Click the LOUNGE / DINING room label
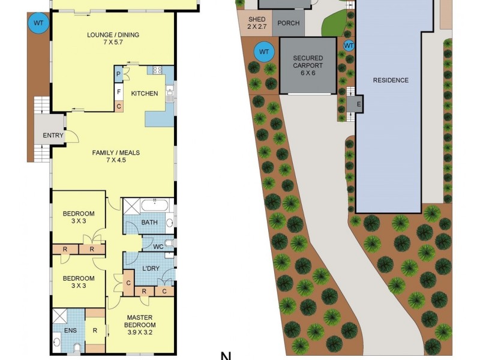(x=113, y=35)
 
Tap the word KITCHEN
(x=145, y=93)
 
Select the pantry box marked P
(x=119, y=74)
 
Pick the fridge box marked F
(x=119, y=92)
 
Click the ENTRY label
(x=53, y=136)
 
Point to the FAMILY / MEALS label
(x=115, y=153)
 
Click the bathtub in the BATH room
(x=155, y=205)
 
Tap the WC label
(x=158, y=246)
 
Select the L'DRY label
(x=151, y=268)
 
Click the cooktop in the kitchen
(x=158, y=70)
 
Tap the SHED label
(x=256, y=20)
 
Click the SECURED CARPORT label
(x=308, y=62)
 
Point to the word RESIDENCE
(x=391, y=80)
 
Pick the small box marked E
(x=359, y=103)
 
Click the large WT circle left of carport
(x=264, y=52)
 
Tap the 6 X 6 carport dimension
(x=308, y=73)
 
